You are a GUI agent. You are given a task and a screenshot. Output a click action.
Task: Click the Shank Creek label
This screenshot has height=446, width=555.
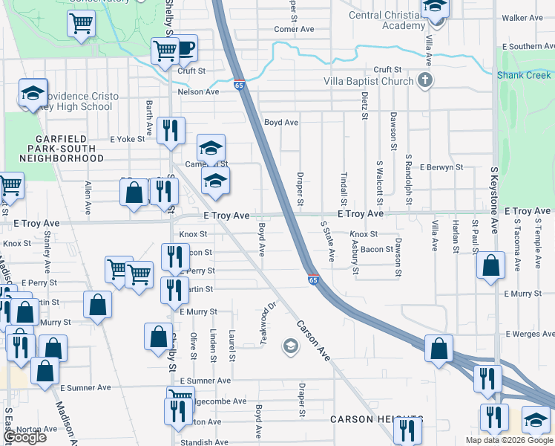coord(524,75)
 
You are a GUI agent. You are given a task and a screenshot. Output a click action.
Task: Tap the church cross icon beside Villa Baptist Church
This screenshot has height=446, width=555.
coord(425,81)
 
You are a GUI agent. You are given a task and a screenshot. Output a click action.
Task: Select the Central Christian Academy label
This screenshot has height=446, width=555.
coord(383,20)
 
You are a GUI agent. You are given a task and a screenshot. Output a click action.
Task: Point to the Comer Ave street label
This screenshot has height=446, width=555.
coord(294,30)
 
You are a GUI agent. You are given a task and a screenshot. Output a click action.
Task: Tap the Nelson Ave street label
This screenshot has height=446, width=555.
coord(198,92)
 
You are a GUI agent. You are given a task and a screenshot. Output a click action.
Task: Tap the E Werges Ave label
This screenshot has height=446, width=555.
coord(528,334)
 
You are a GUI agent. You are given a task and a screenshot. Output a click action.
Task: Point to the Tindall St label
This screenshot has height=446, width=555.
coord(344,190)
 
